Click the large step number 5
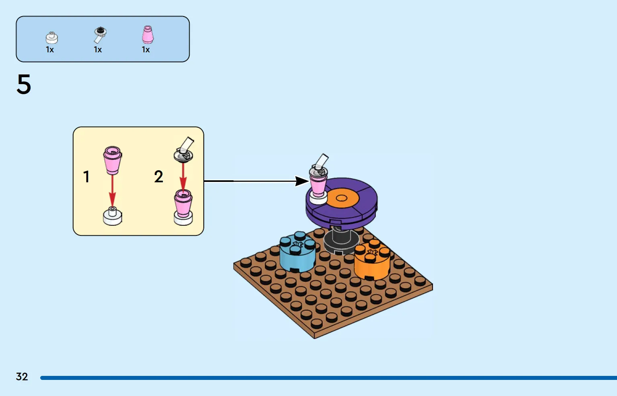point(24,85)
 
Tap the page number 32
point(22,376)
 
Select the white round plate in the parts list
point(52,38)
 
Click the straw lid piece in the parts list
point(100,35)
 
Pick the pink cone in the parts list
point(148,35)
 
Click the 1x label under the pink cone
point(146,49)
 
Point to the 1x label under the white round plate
point(50,49)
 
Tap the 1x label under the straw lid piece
point(98,49)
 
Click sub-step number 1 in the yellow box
point(86,177)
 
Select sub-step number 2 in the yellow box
point(158,177)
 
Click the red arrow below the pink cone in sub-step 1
point(112,191)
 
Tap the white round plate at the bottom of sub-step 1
point(113,217)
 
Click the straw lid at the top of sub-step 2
point(184,150)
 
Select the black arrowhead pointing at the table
point(302,181)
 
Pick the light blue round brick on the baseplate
point(297,252)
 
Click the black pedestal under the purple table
point(341,240)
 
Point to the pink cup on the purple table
point(319,184)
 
